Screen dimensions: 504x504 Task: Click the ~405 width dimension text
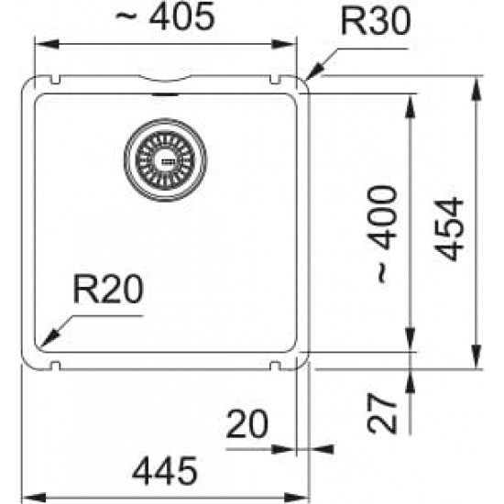coord(165,16)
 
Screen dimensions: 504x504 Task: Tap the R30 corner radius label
coord(376,21)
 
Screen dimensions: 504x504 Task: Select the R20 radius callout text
coord(108,289)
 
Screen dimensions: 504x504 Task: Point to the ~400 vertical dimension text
coord(382,235)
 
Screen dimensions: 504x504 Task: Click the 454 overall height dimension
coord(449,229)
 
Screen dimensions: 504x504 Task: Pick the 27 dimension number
coord(382,413)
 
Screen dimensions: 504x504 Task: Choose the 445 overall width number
coord(165,471)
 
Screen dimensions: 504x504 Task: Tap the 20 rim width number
coord(247,423)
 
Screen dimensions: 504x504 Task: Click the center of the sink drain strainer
coord(165,159)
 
